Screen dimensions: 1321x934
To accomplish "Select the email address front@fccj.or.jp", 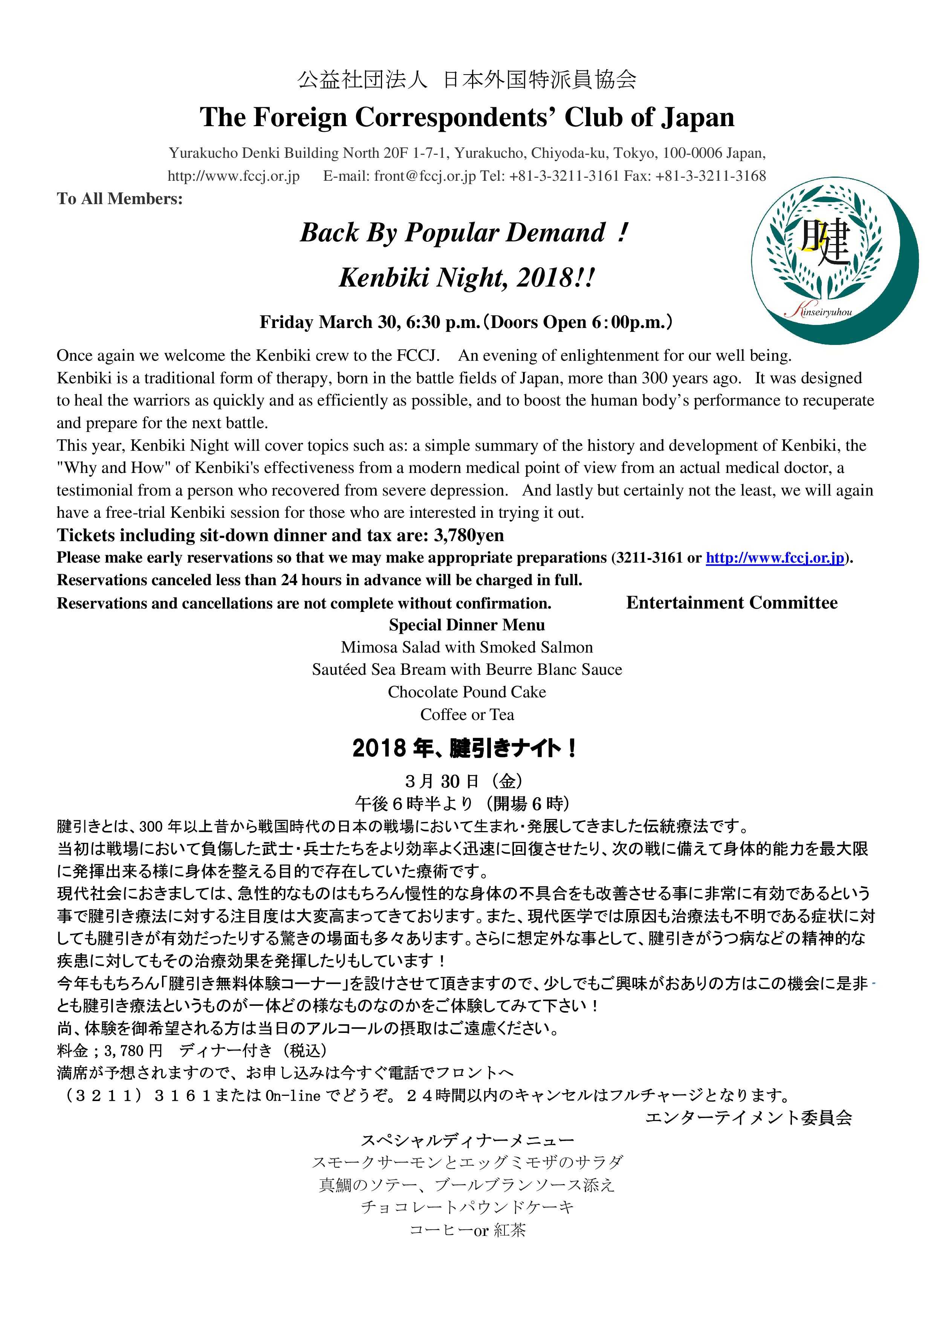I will [424, 176].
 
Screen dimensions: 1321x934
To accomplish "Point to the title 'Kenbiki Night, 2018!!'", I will [466, 278].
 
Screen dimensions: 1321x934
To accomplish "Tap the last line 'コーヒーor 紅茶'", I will [467, 1230].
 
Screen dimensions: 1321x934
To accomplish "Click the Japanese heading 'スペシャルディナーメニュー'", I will [467, 1140].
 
